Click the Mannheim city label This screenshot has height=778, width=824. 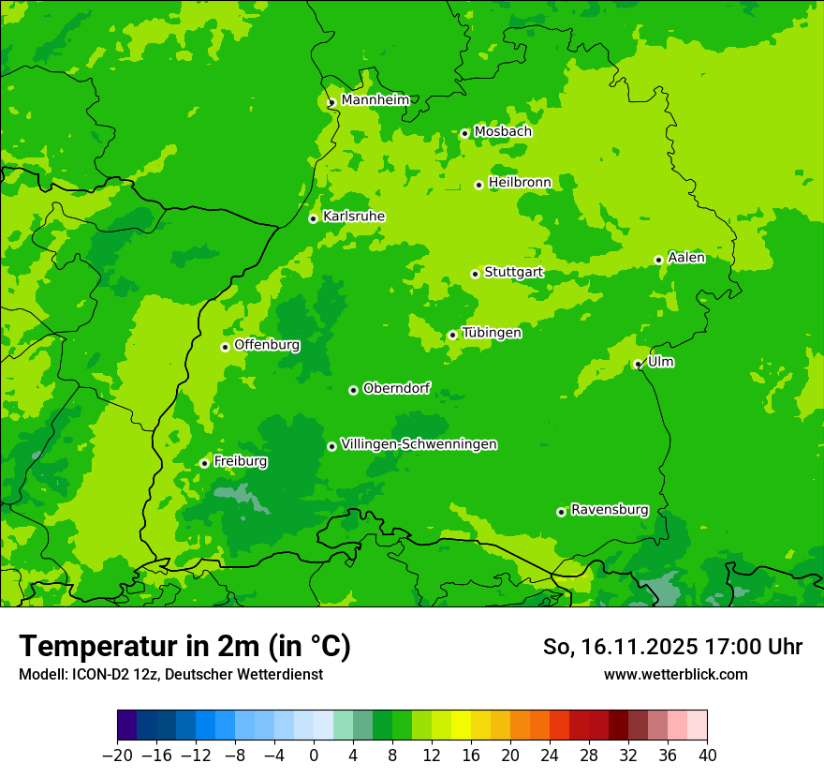click(375, 100)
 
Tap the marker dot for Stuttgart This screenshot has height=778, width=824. click(476, 274)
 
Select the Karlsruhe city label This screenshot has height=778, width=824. click(353, 217)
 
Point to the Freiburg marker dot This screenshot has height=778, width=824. click(204, 463)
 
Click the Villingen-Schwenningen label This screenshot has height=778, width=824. click(419, 444)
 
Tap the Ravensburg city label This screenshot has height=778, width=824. click(610, 510)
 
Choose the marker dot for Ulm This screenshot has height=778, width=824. click(638, 364)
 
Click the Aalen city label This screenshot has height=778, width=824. click(686, 258)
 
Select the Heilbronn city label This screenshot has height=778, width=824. click(519, 182)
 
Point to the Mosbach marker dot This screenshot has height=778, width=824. click(464, 133)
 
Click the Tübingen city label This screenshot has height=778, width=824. click(492, 333)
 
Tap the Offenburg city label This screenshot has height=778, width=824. click(267, 345)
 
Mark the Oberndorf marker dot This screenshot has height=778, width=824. click(353, 390)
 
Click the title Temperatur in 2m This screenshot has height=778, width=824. click(184, 647)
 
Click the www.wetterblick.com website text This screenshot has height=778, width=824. click(675, 674)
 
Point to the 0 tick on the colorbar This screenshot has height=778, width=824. click(314, 756)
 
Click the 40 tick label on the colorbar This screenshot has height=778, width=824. click(707, 756)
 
